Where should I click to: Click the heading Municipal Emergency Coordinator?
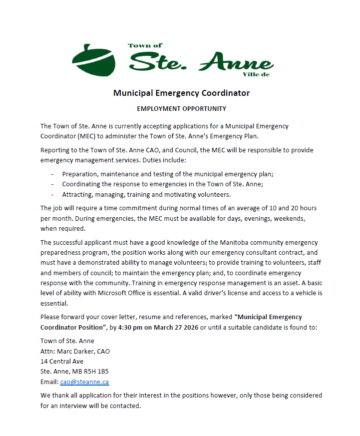tap(181, 93)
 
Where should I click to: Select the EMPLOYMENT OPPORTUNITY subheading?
tap(181, 108)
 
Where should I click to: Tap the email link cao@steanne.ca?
tap(84, 382)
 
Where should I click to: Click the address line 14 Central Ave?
tap(61, 361)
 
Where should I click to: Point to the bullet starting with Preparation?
tap(167, 174)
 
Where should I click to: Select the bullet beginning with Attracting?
tap(146, 194)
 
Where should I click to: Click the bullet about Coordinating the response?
tap(162, 184)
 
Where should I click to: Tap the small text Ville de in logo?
tap(256, 74)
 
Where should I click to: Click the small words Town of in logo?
tap(145, 45)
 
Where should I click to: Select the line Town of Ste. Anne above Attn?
tap(67, 341)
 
